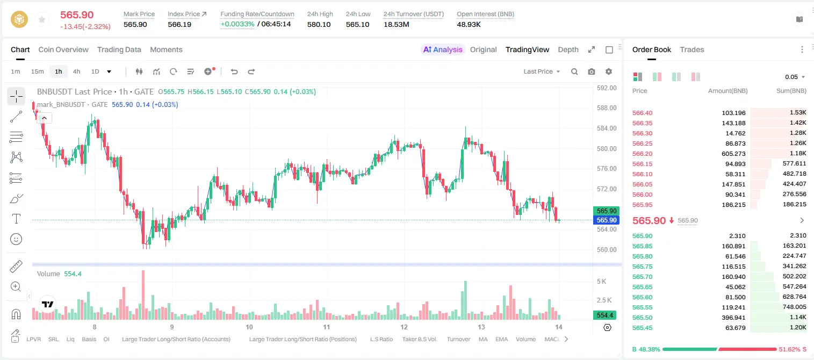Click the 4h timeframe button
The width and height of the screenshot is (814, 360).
coord(76,71)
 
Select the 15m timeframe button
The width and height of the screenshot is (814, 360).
coord(37,71)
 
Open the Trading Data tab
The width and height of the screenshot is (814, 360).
coord(119,49)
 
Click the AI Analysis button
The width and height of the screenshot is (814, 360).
coord(443,49)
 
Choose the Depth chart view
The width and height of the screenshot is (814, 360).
coord(568,49)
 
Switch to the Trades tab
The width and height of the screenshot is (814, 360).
coord(692,49)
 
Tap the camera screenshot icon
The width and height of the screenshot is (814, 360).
coord(592,71)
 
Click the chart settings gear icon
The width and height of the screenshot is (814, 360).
coord(609,71)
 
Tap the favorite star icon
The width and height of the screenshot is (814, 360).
coord(42,19)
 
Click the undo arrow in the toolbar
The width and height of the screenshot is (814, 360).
coord(234,71)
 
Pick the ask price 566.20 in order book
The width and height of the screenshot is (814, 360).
coord(642,154)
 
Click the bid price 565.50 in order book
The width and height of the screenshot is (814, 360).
coord(642,318)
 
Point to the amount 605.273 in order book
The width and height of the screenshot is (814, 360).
coord(733,154)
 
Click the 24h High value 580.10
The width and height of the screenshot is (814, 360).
coord(319,24)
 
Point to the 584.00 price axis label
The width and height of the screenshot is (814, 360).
coord(607,128)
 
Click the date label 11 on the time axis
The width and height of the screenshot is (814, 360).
coord(326,327)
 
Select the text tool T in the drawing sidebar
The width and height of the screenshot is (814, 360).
coord(16,219)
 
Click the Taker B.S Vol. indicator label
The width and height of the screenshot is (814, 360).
coord(419,339)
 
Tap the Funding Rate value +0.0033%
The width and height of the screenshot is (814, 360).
coord(237,24)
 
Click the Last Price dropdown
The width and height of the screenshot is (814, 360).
coord(542,71)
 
